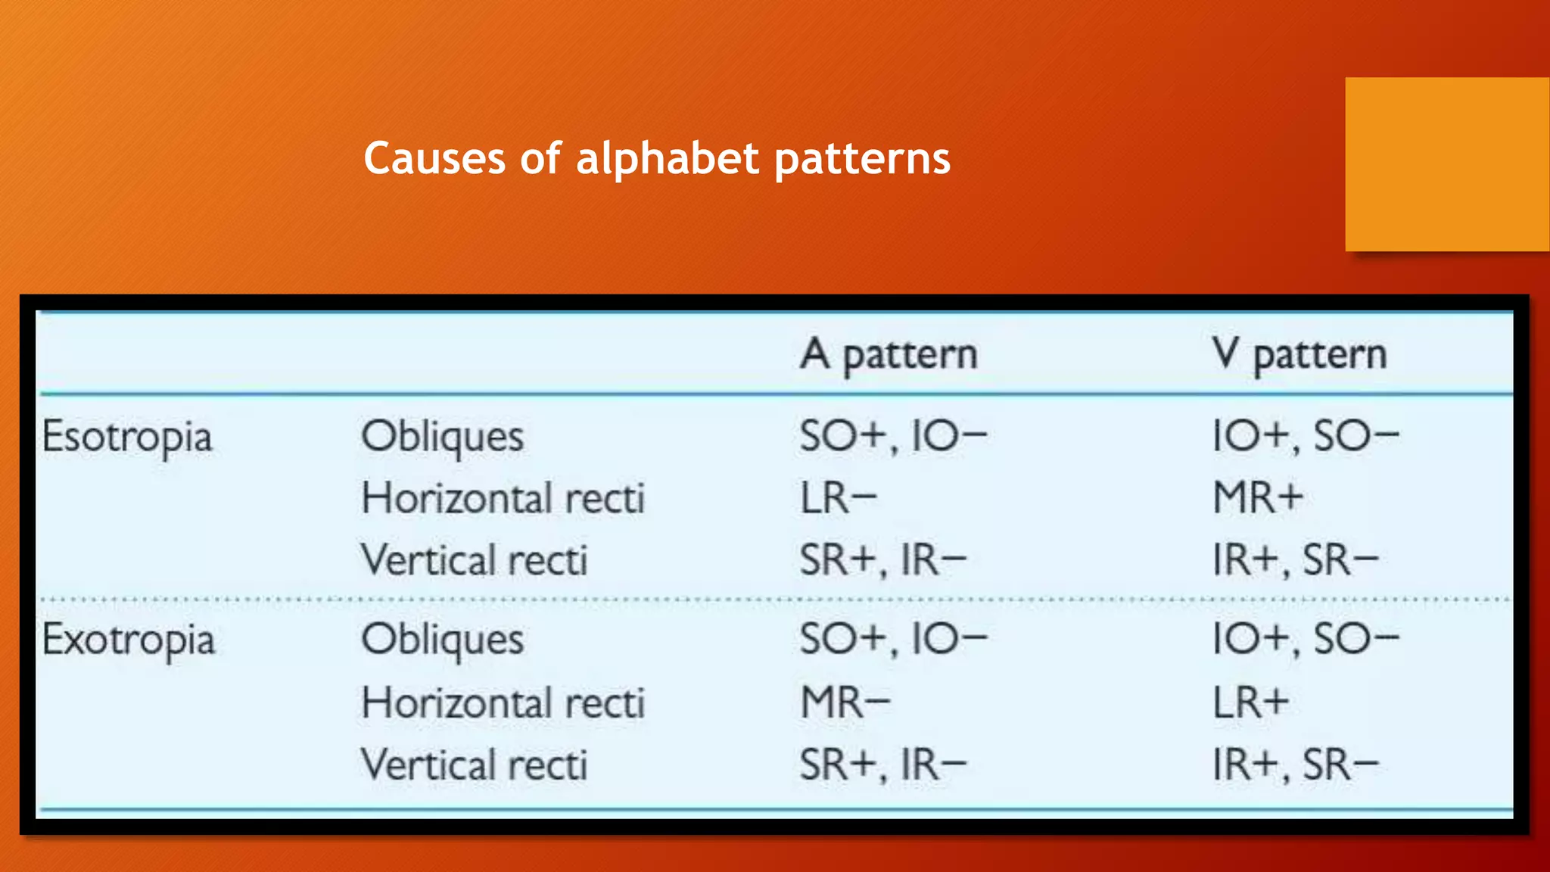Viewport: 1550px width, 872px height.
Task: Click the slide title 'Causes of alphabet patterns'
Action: point(656,159)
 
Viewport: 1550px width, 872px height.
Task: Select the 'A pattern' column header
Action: point(889,354)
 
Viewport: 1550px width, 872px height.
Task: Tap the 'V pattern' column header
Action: point(1299,354)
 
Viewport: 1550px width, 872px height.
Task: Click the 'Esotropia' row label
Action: point(127,438)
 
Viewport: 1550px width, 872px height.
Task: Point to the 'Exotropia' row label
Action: point(129,640)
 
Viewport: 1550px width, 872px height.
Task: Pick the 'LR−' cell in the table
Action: point(839,499)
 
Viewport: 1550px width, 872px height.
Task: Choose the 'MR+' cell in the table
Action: point(1258,499)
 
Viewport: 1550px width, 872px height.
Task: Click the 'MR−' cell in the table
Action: point(845,703)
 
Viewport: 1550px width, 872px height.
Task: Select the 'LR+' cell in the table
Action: point(1250,703)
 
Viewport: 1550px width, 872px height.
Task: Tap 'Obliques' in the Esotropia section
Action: point(443,438)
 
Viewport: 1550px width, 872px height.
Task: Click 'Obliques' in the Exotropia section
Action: point(443,640)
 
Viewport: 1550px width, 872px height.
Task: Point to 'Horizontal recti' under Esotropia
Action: point(503,499)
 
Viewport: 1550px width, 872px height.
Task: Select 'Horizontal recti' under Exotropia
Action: point(503,703)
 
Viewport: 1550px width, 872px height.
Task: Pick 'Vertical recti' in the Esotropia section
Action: point(475,561)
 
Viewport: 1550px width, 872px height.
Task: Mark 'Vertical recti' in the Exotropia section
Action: point(475,765)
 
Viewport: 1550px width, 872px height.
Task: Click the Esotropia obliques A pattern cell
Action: point(893,437)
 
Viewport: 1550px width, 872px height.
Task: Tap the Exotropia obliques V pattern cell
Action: point(1306,640)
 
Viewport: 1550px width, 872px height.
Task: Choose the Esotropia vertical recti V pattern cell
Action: point(1295,561)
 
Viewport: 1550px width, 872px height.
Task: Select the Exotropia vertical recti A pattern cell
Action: point(883,765)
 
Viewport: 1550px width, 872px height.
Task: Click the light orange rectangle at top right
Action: point(1447,164)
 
